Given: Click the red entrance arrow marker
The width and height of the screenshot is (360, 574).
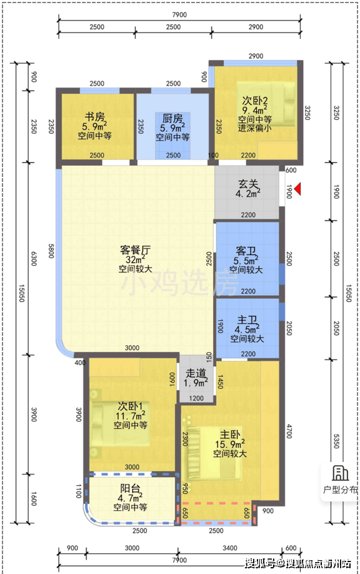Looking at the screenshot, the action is (x=297, y=189).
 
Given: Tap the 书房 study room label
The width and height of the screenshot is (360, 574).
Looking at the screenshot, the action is (x=95, y=117).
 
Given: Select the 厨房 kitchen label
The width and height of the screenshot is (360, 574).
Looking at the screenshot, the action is (x=172, y=118).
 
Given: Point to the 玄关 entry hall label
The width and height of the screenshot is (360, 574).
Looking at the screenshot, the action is (x=248, y=184).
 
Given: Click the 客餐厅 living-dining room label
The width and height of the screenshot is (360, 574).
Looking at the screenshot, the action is (x=135, y=250).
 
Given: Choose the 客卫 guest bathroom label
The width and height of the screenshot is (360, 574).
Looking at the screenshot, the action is (x=246, y=251).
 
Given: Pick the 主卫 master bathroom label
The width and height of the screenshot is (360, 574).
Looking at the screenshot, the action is (x=247, y=320).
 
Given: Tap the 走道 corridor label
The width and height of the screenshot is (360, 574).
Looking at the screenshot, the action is (x=196, y=373).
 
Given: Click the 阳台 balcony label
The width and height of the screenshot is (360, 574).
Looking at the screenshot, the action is (x=130, y=488).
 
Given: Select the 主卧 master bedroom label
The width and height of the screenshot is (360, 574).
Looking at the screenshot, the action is (x=230, y=435).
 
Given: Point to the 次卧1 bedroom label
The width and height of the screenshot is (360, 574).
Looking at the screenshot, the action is (x=130, y=406).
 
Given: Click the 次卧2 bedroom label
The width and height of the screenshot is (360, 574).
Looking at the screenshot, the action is (x=255, y=100).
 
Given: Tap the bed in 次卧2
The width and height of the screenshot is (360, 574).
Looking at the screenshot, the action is (x=266, y=104).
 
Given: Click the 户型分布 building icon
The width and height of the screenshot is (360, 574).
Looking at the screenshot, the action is (x=340, y=473).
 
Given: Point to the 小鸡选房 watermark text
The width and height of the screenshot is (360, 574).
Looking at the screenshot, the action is (x=179, y=282).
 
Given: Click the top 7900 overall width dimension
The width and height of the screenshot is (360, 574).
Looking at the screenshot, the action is (x=179, y=14).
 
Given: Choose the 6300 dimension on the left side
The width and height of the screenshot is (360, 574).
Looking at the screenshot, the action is (x=34, y=258).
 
